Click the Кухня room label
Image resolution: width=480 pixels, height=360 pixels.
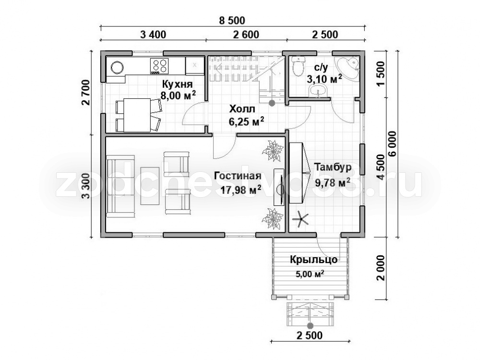177,84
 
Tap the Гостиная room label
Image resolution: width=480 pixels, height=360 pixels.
238,176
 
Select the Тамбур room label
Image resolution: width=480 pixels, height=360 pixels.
333,168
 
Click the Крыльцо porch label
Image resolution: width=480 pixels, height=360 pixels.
313,260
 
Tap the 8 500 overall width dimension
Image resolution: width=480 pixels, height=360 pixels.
232,21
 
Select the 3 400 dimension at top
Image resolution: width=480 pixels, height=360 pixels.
153,35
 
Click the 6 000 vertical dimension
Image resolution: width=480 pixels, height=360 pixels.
392,144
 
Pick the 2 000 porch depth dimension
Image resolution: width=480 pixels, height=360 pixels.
381,268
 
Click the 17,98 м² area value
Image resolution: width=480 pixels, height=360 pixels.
241,191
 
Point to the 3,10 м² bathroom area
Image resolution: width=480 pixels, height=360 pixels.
324,79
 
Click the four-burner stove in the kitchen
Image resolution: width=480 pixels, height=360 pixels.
159,66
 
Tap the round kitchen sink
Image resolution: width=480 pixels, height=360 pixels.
117,67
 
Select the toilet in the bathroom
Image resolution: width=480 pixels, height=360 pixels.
298,66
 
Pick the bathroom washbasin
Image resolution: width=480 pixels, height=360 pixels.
318,91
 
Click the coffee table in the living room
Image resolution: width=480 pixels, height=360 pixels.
150,186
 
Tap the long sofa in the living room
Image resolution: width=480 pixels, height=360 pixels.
120,186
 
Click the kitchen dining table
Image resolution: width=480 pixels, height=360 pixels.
137,115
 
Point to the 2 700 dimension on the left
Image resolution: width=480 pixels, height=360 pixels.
86,93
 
